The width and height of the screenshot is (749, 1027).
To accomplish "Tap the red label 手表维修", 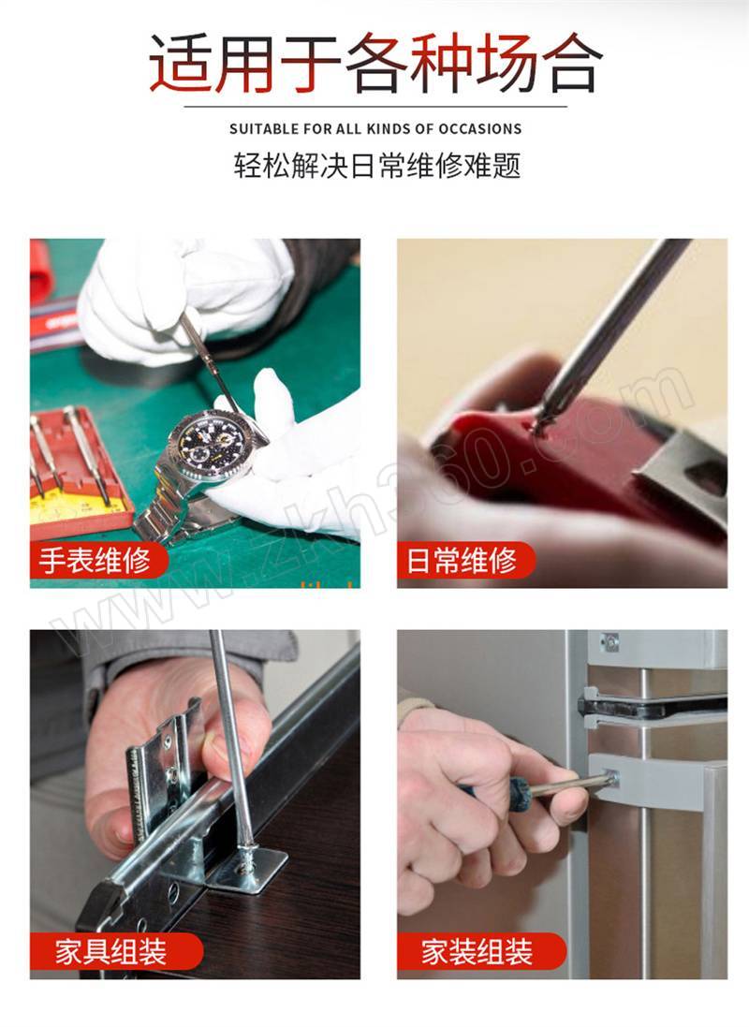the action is point(95,560).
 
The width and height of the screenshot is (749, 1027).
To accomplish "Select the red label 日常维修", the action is point(464,560).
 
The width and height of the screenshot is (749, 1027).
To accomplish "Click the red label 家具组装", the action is point(112,951).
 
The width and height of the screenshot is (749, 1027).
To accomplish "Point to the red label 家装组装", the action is point(479,951).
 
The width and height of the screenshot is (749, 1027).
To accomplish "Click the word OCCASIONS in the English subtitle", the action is point(480,129).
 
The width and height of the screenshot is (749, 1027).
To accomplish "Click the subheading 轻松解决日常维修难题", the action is point(377,166).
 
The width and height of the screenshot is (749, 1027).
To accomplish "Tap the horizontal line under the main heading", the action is point(374,106).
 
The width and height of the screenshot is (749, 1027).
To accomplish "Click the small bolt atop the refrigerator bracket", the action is point(610,642).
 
